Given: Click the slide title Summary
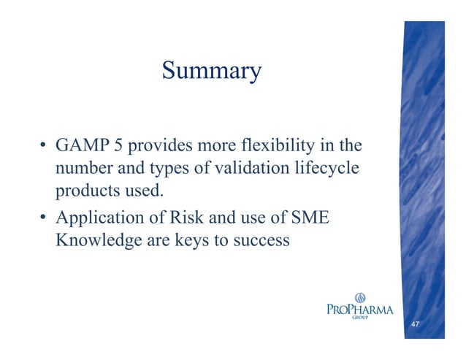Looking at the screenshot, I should (211, 71).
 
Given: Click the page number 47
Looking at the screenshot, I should (415, 323).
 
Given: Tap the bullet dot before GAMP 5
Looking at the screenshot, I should (45, 146).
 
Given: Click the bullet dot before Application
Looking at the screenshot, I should (45, 218).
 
